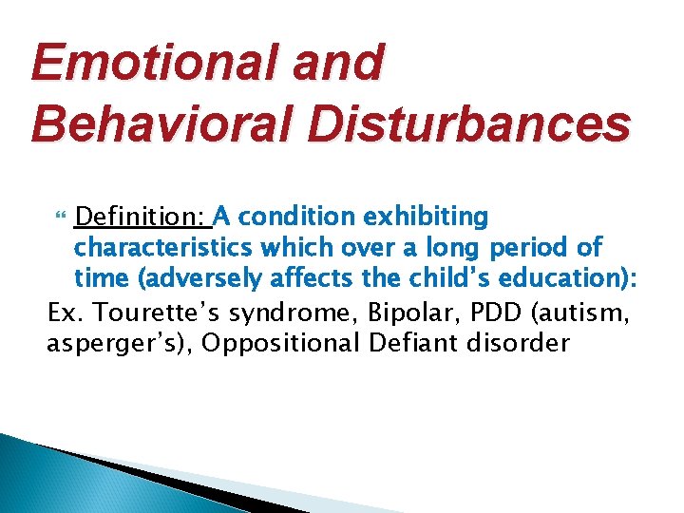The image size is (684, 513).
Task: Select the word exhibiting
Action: pos(430,218)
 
